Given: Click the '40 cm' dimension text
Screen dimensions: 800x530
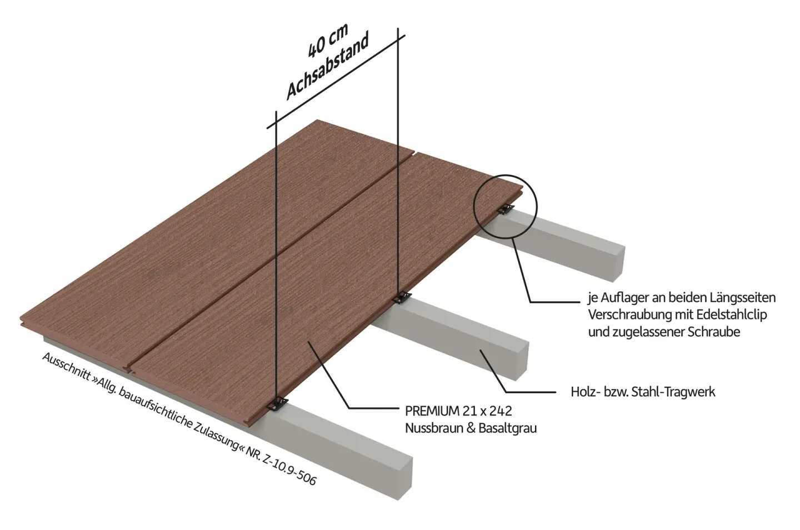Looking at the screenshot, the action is point(328,41).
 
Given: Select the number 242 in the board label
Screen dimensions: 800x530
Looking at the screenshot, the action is point(501,411).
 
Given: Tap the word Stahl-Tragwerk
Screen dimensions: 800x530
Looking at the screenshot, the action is point(673,392).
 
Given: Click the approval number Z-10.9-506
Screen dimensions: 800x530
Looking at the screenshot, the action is point(289,471).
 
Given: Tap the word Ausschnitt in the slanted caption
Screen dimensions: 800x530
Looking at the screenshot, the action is point(67,367).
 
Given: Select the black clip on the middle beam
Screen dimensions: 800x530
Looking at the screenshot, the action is point(402,297).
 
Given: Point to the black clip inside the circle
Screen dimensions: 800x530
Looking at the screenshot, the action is point(506,209).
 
